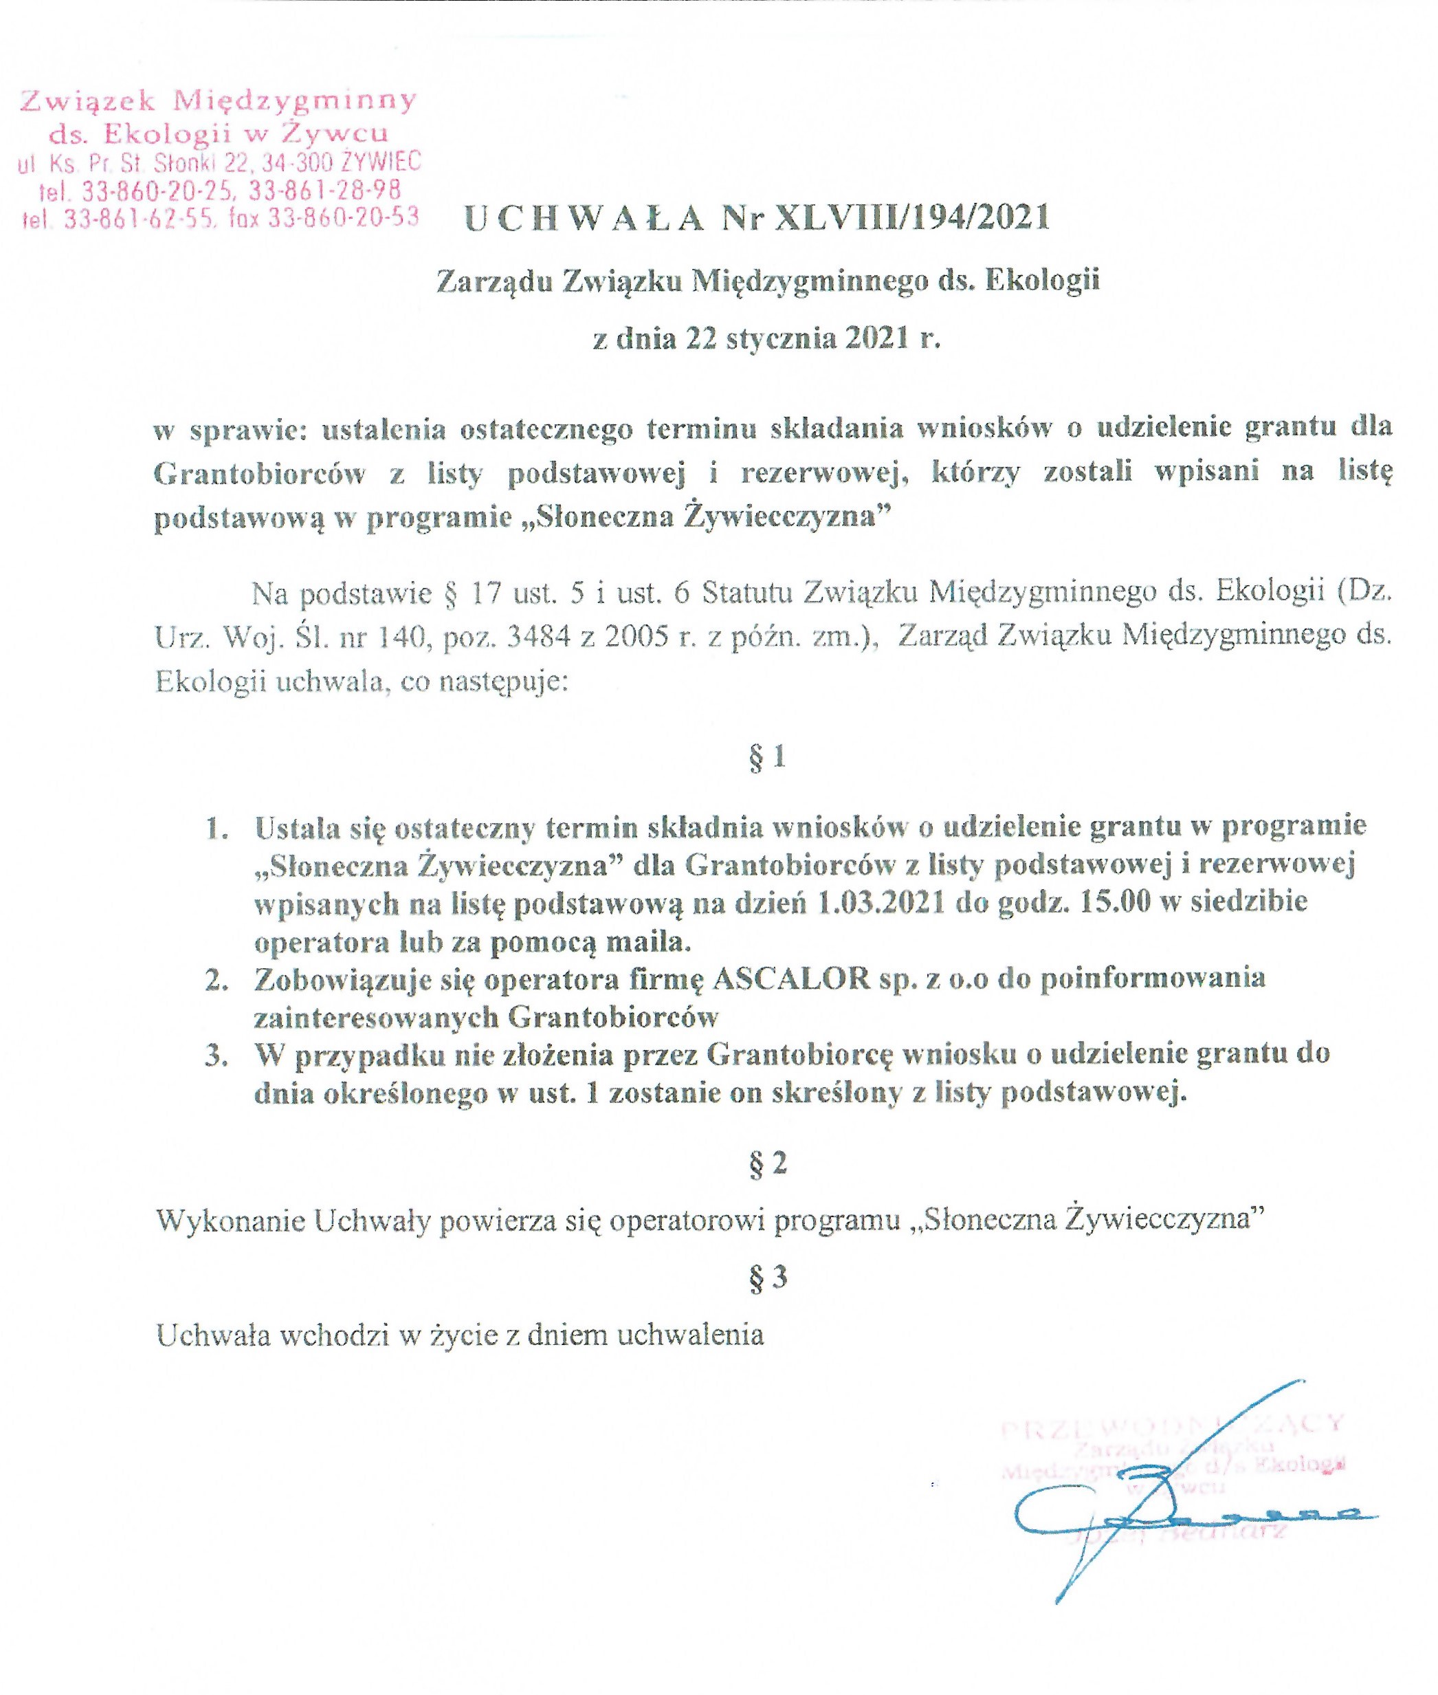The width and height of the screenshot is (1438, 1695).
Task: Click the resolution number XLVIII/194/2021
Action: click(x=913, y=218)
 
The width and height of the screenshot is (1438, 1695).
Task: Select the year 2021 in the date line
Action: click(x=876, y=338)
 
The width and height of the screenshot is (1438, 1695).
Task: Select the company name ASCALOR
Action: click(x=790, y=978)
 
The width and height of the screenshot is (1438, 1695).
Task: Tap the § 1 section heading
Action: click(x=767, y=757)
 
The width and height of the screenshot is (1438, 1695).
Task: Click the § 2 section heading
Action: click(x=767, y=1163)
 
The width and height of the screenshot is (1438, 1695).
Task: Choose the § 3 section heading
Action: click(x=767, y=1277)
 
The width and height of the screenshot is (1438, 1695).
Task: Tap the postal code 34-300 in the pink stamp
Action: click(x=301, y=162)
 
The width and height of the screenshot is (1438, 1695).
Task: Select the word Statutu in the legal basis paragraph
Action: click(x=748, y=593)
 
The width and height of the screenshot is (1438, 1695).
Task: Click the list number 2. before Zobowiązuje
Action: click(x=216, y=979)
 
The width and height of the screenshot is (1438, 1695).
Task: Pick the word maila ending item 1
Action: click(x=652, y=941)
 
